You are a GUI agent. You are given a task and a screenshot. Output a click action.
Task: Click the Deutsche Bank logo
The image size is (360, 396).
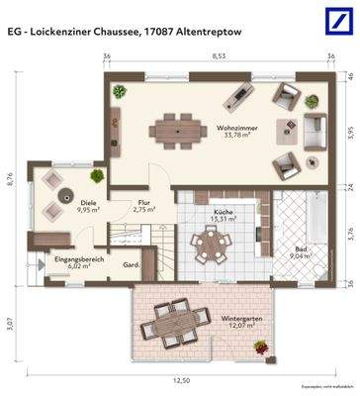pyautogui.click(x=336, y=19)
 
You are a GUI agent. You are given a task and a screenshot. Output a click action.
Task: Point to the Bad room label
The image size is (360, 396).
pyautogui.click(x=302, y=251)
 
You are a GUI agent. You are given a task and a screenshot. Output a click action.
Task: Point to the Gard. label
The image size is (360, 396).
pyautogui.click(x=129, y=265)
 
